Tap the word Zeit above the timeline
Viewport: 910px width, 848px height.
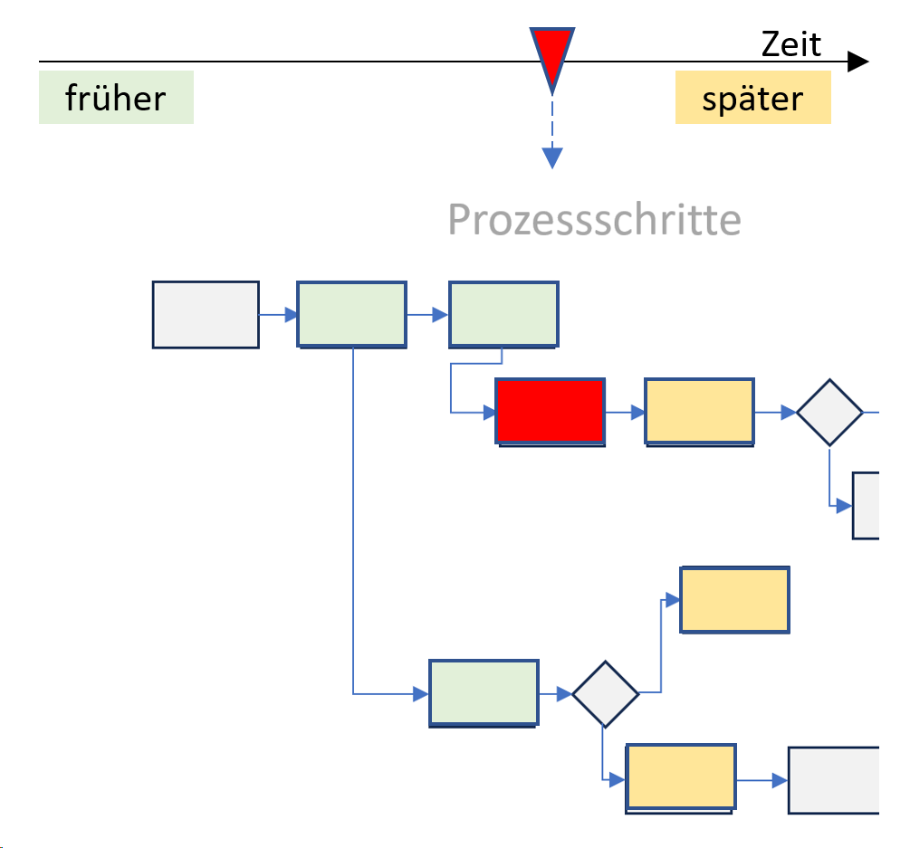coord(791,43)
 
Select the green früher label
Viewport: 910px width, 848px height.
coord(116,97)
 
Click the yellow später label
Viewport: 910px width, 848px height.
coord(752,98)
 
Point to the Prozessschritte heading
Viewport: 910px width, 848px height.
coord(594,220)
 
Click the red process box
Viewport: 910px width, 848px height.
coord(550,411)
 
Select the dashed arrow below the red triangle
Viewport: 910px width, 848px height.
coord(552,136)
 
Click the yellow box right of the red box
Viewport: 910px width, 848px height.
coord(699,411)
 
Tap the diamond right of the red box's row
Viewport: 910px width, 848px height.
coord(829,412)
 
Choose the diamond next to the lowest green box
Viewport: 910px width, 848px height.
coord(605,694)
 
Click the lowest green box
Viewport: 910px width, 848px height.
coord(484,692)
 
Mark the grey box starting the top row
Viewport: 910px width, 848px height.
coord(206,314)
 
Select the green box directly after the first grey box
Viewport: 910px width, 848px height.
coord(351,314)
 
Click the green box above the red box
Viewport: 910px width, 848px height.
coord(503,314)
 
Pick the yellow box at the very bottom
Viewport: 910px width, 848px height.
coord(681,776)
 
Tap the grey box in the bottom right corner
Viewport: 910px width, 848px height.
coord(834,779)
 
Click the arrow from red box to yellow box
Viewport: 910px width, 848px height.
coord(625,412)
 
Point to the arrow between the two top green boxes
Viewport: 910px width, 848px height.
coord(427,315)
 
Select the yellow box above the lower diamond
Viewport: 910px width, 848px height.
coord(734,599)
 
